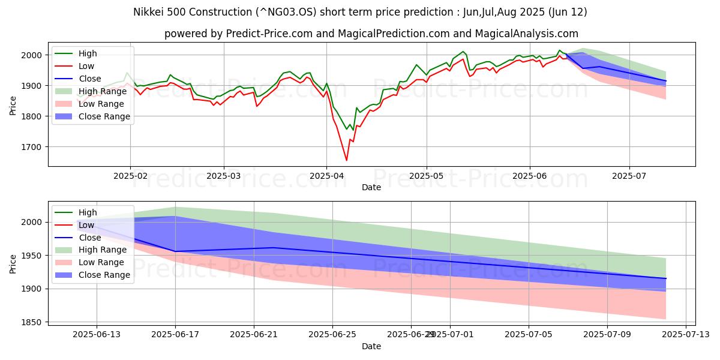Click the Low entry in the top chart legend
click(86, 66)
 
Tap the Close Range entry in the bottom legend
click(104, 275)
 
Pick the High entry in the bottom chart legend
click(88, 212)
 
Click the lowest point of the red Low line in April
click(346, 160)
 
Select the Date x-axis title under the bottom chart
click(371, 347)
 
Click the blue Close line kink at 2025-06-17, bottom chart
click(175, 251)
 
